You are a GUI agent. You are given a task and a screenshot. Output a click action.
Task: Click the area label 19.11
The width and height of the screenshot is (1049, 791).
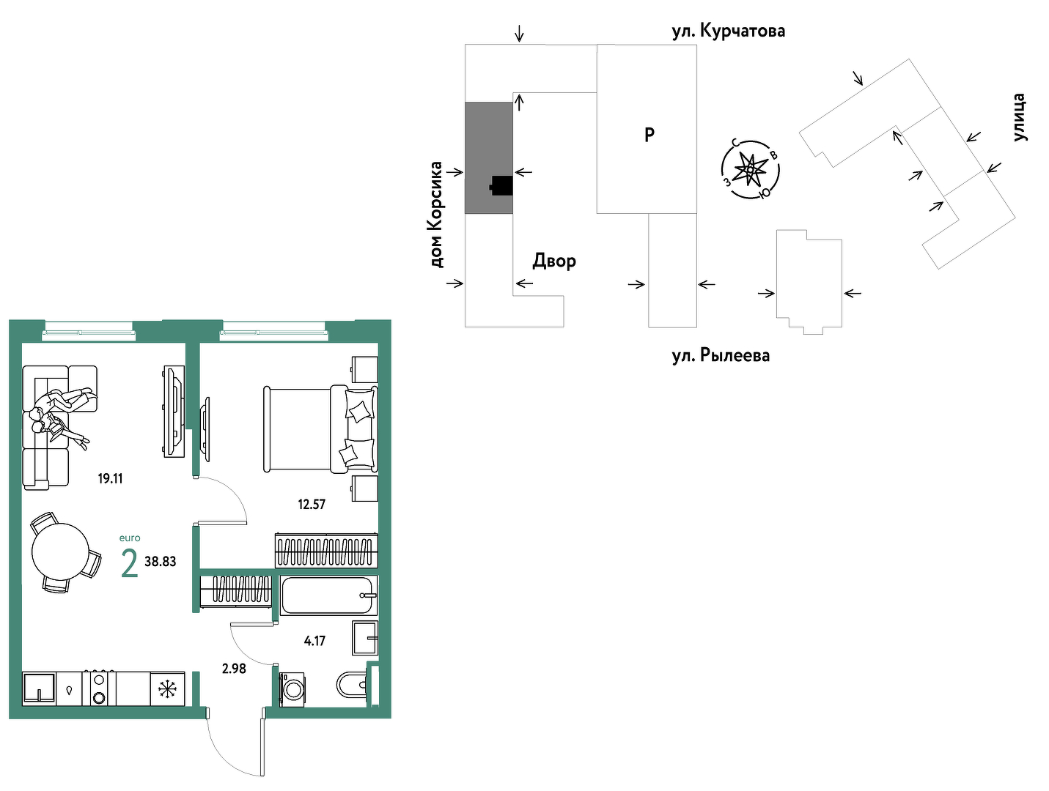[110, 478]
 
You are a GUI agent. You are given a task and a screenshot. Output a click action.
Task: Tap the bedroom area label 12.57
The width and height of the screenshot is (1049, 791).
[311, 504]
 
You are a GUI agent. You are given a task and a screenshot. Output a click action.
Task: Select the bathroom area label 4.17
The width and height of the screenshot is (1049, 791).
[314, 641]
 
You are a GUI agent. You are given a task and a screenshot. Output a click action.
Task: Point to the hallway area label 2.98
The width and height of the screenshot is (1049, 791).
[234, 669]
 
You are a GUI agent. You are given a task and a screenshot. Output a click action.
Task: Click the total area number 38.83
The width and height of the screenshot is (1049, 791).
[160, 561]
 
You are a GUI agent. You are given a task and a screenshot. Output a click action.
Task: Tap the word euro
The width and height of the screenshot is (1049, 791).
[130, 538]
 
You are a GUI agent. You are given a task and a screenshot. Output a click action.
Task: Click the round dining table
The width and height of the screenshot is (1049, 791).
[61, 552]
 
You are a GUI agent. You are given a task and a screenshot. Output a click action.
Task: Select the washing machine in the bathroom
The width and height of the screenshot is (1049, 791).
[292, 689]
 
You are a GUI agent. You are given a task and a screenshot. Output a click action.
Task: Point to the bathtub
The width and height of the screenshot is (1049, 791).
[328, 595]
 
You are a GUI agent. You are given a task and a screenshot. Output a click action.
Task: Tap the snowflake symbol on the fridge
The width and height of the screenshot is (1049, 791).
[167, 688]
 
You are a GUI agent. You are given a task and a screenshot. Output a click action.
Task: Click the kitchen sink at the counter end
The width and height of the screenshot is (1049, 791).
[39, 688]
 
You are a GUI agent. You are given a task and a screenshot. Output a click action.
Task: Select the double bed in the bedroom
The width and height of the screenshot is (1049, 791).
[320, 429]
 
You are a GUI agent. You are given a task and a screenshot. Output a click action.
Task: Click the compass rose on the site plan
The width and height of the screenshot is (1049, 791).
[751, 169]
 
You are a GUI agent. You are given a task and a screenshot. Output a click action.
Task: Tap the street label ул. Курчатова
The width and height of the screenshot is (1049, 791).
[729, 31]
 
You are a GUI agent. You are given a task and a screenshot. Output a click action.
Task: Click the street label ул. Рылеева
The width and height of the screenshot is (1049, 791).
[721, 356]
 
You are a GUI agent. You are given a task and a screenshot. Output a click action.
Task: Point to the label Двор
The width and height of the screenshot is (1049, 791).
[554, 261]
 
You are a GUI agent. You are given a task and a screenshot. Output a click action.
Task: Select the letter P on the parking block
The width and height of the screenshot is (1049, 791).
[649, 135]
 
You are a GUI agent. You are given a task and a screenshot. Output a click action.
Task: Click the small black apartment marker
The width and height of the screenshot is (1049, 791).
[501, 186]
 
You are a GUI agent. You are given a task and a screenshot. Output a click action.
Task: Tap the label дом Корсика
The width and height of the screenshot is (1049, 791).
[436, 215]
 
